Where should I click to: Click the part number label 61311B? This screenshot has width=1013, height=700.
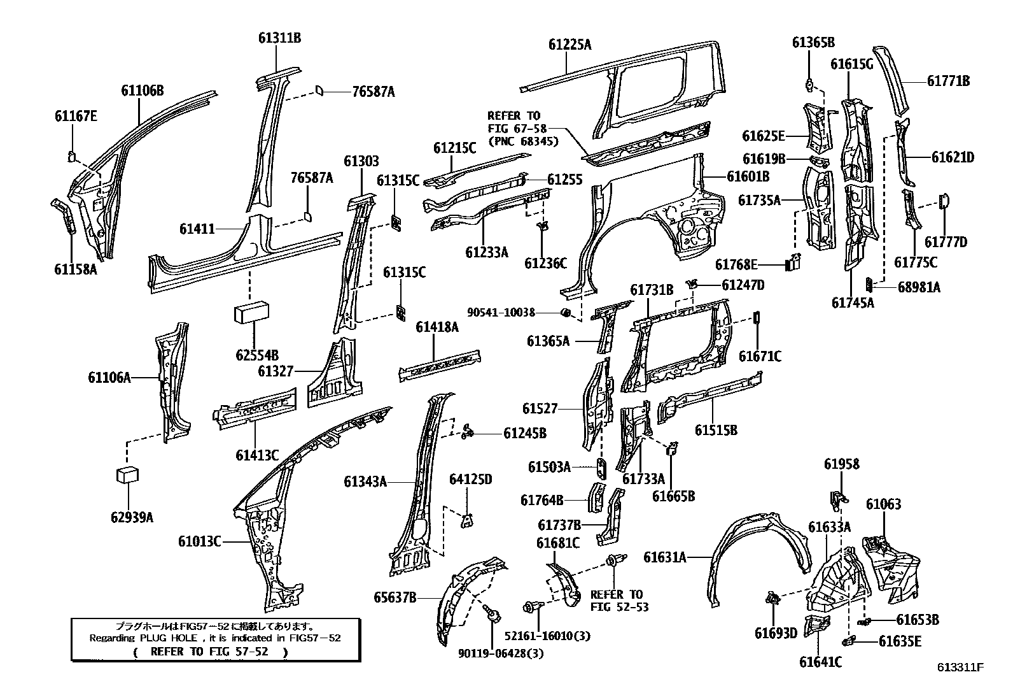[x=279, y=38]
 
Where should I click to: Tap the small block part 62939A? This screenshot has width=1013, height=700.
[x=128, y=476]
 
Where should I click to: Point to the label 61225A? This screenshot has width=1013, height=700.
[x=569, y=45]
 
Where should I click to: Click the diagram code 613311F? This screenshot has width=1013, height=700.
[x=960, y=668]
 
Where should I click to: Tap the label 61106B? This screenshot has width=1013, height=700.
[x=143, y=91]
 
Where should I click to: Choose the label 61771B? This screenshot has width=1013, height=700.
[x=948, y=81]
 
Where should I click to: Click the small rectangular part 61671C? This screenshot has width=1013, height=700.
[x=757, y=317]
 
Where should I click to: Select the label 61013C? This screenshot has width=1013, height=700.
[x=199, y=541]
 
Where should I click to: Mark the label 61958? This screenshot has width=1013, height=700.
[x=841, y=464]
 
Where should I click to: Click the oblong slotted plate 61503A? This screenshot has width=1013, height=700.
[x=601, y=467]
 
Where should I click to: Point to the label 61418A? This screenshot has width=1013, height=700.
[x=437, y=327]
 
